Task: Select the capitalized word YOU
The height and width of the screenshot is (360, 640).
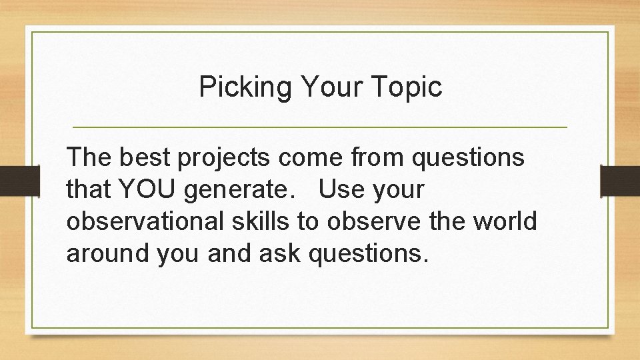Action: click(x=149, y=191)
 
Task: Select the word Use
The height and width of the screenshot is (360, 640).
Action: click(x=342, y=191)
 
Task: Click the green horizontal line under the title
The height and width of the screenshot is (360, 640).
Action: click(x=320, y=127)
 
